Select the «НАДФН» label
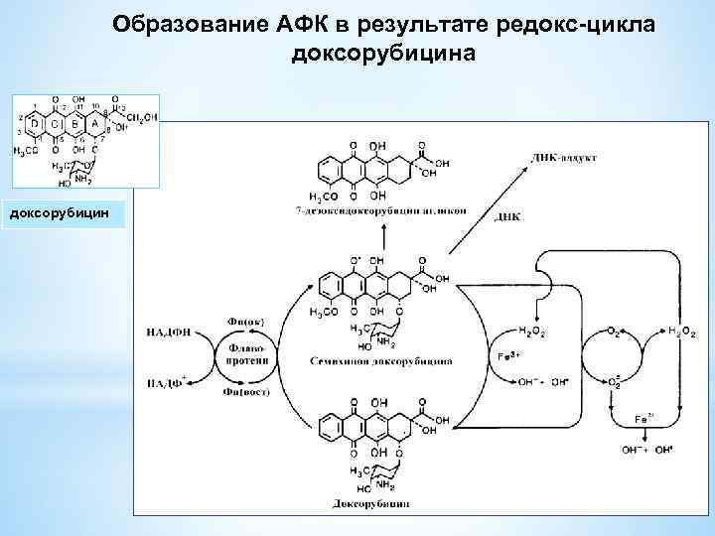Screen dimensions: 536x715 (168, 333)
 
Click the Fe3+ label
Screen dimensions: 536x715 (507, 355)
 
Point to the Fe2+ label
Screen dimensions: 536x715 (644, 421)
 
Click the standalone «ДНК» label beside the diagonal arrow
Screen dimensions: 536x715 (506, 216)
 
